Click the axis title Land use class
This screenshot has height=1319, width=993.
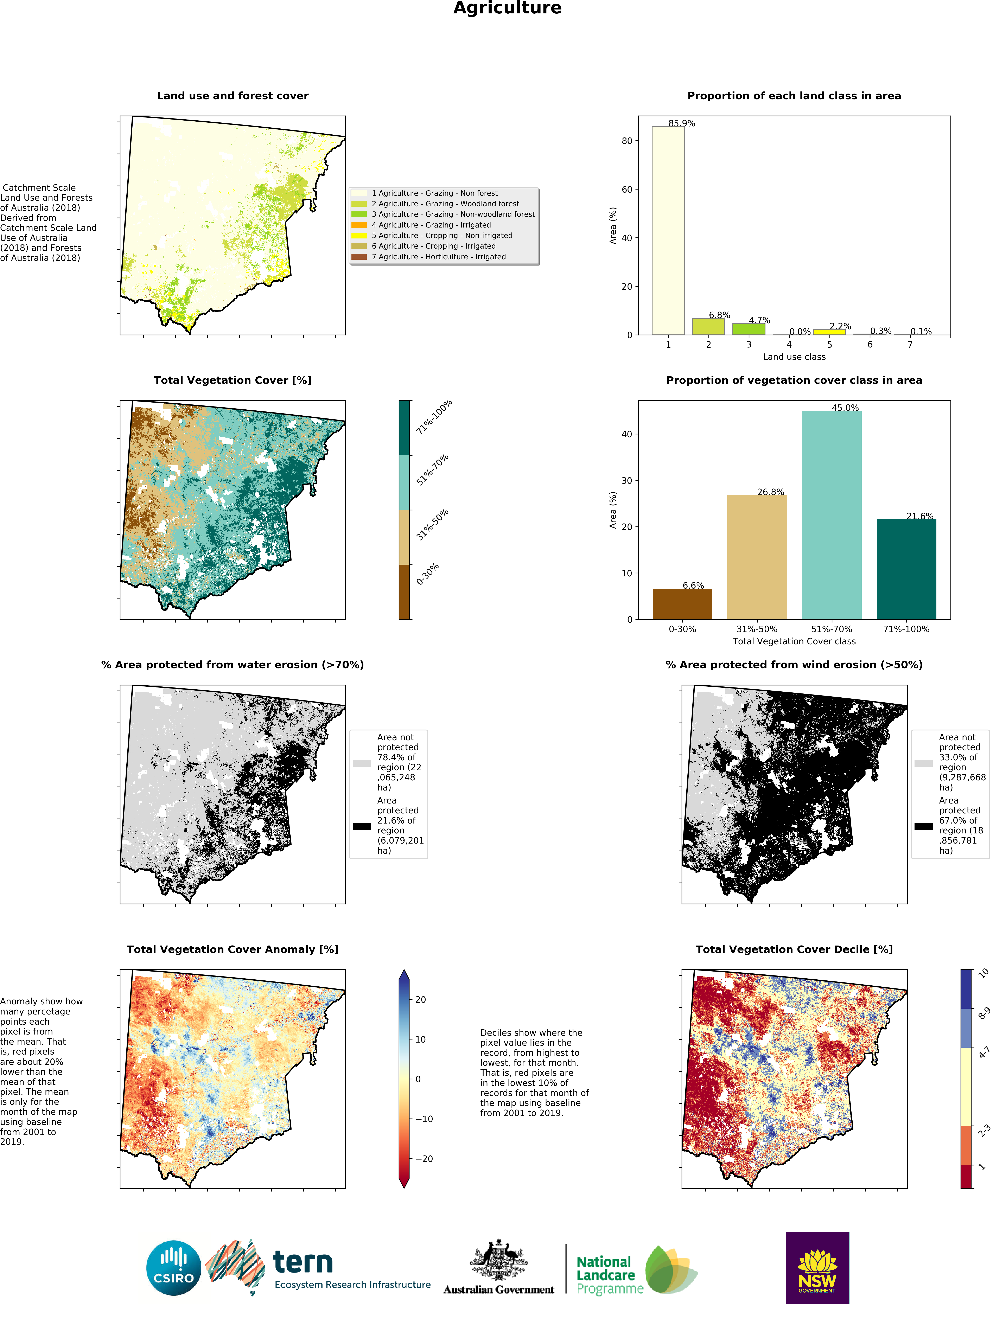794,357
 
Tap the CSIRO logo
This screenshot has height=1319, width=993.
173,1268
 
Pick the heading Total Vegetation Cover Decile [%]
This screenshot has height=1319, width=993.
794,949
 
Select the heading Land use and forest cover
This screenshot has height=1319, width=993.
233,95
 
